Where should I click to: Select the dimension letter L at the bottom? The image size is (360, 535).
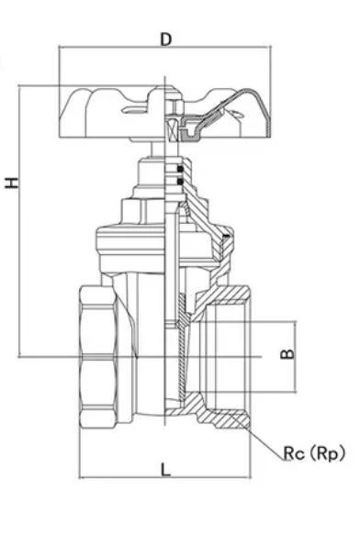click(x=165, y=469)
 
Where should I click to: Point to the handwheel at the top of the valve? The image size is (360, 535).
click(x=165, y=115)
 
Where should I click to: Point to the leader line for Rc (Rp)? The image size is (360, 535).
click(x=266, y=440)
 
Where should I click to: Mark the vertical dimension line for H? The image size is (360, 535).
click(x=20, y=220)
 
